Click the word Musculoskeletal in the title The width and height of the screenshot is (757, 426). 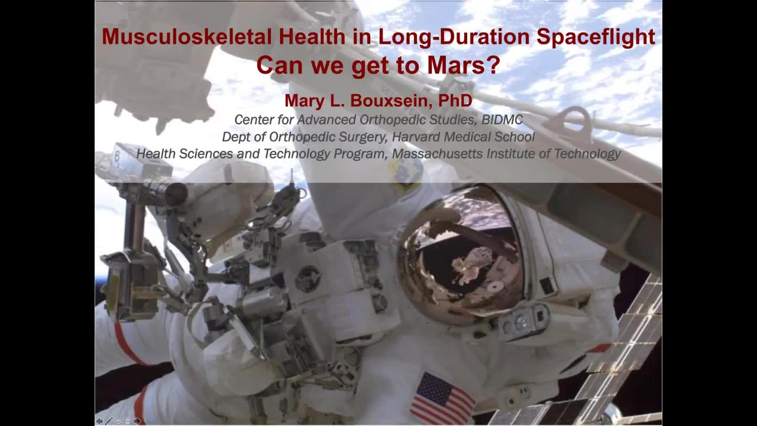186,37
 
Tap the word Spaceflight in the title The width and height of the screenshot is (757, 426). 596,37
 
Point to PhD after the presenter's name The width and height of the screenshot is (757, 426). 455,101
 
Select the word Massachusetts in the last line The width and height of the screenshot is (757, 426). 438,153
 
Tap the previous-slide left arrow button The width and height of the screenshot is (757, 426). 99,421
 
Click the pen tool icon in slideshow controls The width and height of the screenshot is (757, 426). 109,421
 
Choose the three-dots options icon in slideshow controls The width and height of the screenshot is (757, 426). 128,421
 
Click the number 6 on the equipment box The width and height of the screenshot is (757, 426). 117,156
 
